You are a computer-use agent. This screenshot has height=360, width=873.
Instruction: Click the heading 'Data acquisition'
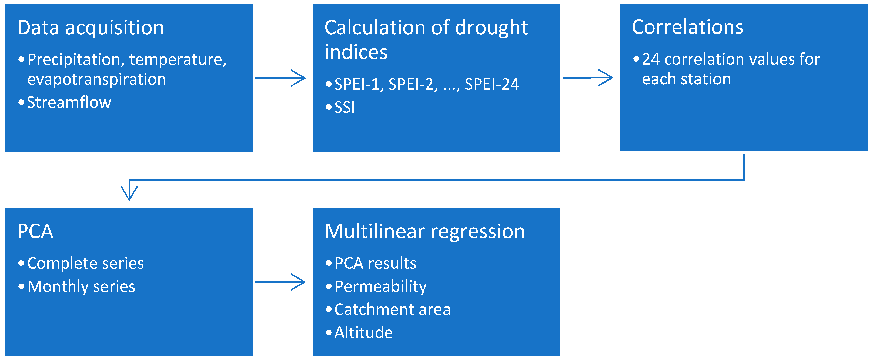coord(91,28)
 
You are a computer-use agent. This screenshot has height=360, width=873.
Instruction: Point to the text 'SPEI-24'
coord(492,84)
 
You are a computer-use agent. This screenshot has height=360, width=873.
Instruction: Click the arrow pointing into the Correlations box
coord(588,78)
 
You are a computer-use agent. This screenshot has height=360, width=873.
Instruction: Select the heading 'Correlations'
coord(688,27)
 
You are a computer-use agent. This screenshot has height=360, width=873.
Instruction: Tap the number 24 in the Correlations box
coord(651,59)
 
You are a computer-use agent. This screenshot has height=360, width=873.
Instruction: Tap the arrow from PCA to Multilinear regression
coord(281,282)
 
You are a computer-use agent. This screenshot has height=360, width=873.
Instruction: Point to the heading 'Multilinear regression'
coord(425,232)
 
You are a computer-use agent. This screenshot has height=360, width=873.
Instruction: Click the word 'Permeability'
coord(381,287)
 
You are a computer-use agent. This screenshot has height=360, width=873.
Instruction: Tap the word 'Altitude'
coord(364,332)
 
